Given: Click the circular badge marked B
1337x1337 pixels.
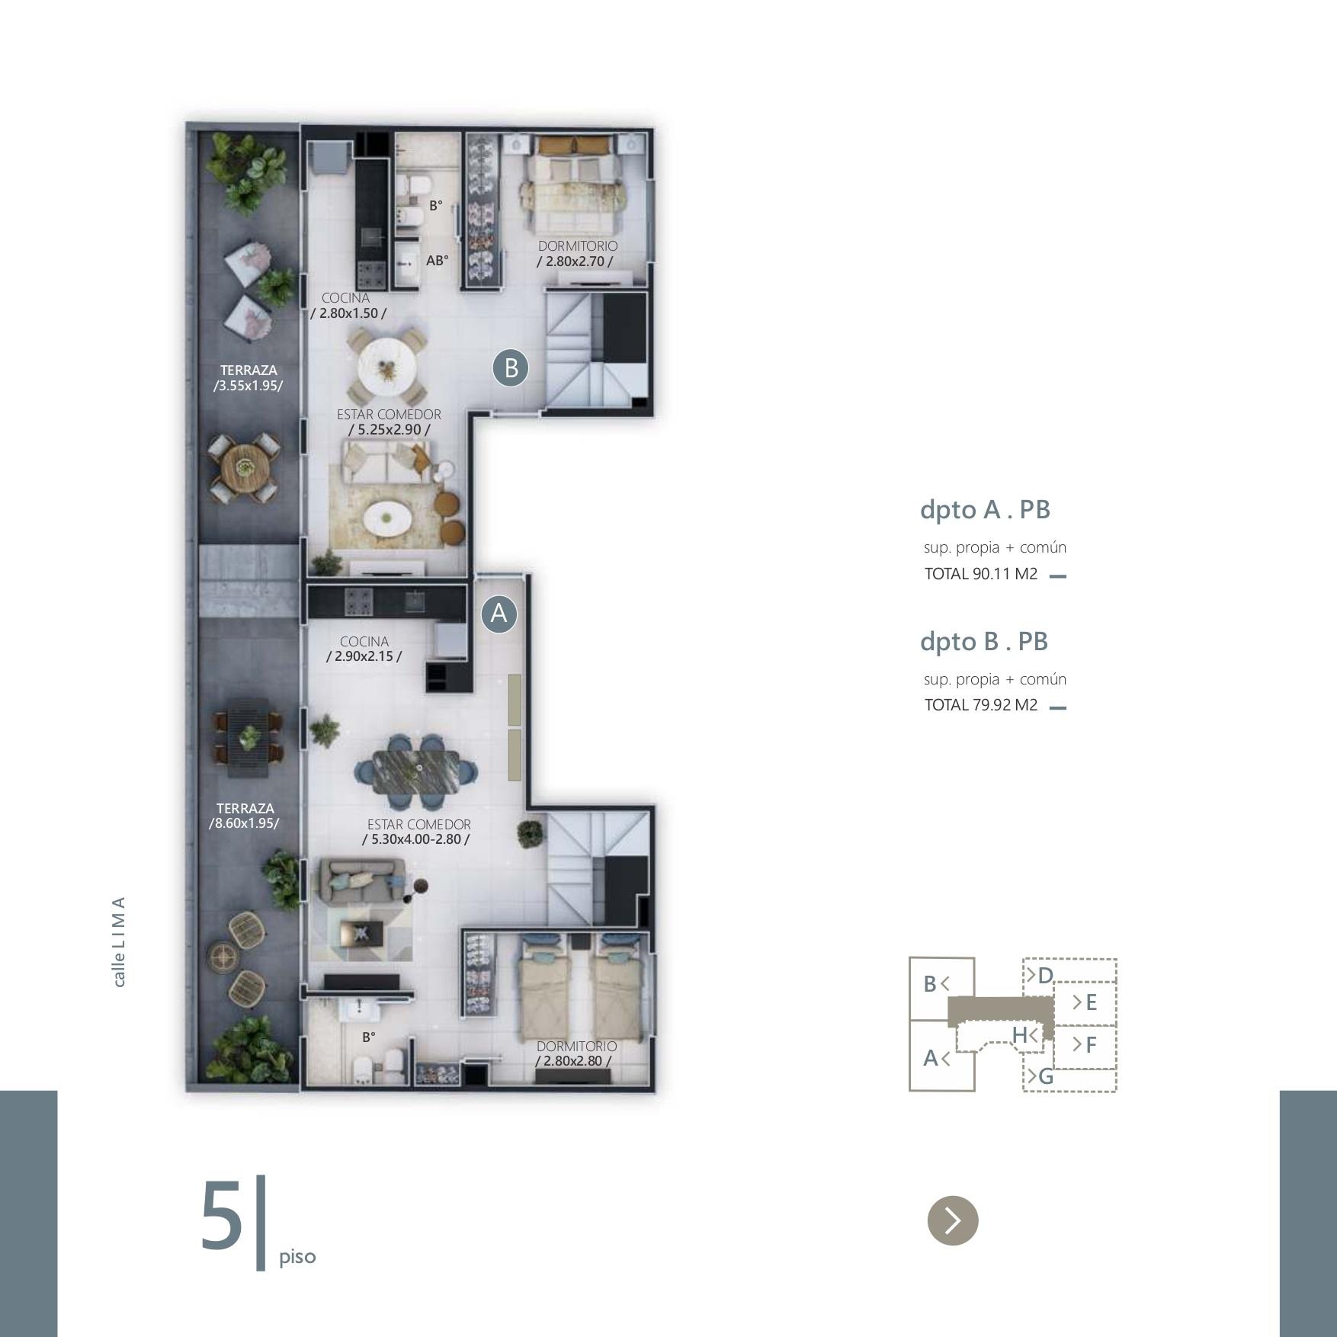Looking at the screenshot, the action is [x=511, y=367].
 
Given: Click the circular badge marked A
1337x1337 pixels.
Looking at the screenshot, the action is [x=499, y=614].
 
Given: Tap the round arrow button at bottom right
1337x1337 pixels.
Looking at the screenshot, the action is [x=953, y=1220].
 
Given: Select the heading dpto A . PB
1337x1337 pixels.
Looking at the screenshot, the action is [x=985, y=509].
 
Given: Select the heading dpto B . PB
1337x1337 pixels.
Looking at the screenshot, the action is [x=984, y=641].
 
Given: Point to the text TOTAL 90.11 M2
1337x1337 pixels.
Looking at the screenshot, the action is [x=981, y=574].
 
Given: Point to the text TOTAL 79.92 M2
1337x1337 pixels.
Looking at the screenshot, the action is [x=981, y=705].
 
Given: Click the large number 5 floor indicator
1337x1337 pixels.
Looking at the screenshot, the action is [x=222, y=1216].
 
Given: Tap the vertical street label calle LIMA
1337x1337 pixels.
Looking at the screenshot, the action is [x=119, y=941].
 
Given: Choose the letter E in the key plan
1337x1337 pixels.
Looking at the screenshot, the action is [x=1091, y=1002].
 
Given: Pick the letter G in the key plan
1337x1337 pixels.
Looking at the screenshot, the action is [x=1046, y=1076].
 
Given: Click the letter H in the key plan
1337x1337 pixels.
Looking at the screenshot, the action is [x=1020, y=1035].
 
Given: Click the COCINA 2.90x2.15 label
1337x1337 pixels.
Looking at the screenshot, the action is [x=364, y=649].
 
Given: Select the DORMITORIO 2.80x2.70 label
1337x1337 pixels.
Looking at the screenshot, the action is [x=577, y=254].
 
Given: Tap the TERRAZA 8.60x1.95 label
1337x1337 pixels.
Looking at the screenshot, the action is [x=245, y=816].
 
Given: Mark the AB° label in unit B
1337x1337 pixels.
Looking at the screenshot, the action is [x=438, y=261].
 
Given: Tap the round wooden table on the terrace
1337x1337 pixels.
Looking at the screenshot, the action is [x=243, y=467].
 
